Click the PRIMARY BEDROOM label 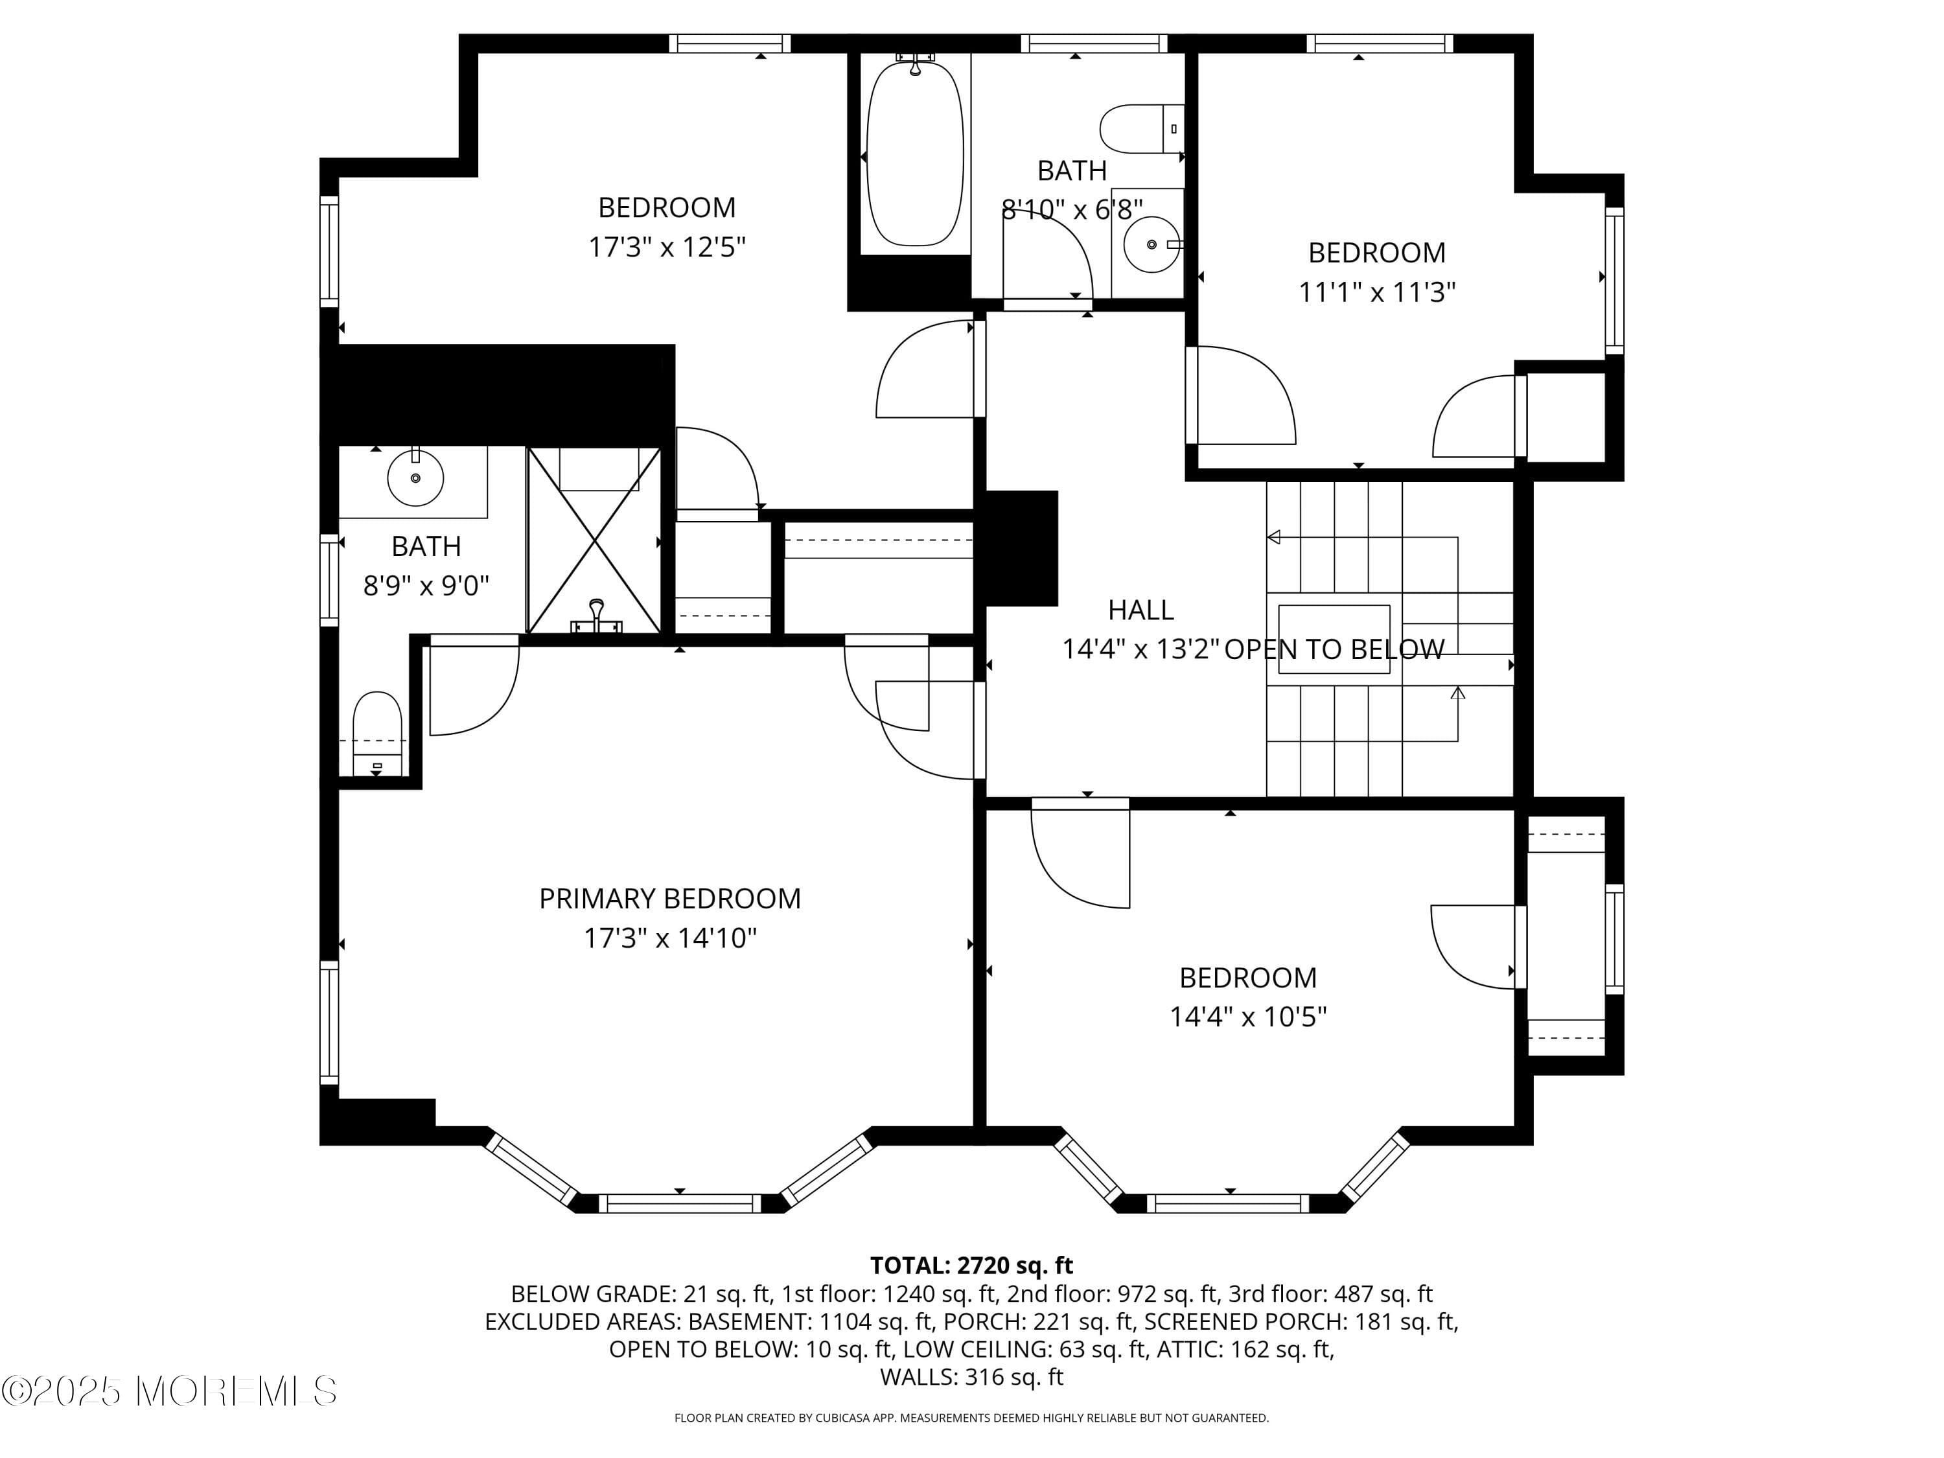click(669, 898)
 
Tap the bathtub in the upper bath click(915, 158)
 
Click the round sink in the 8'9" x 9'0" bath click(415, 477)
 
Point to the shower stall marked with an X click(595, 540)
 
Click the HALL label click(1140, 610)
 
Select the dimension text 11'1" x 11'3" click(1377, 292)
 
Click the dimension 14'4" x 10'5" click(1247, 1017)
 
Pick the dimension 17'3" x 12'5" click(666, 247)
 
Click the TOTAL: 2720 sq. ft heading click(971, 1266)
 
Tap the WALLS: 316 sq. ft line click(971, 1376)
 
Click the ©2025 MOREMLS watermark click(168, 1391)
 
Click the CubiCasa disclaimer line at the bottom click(971, 1418)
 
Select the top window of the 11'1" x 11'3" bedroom click(1379, 43)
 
